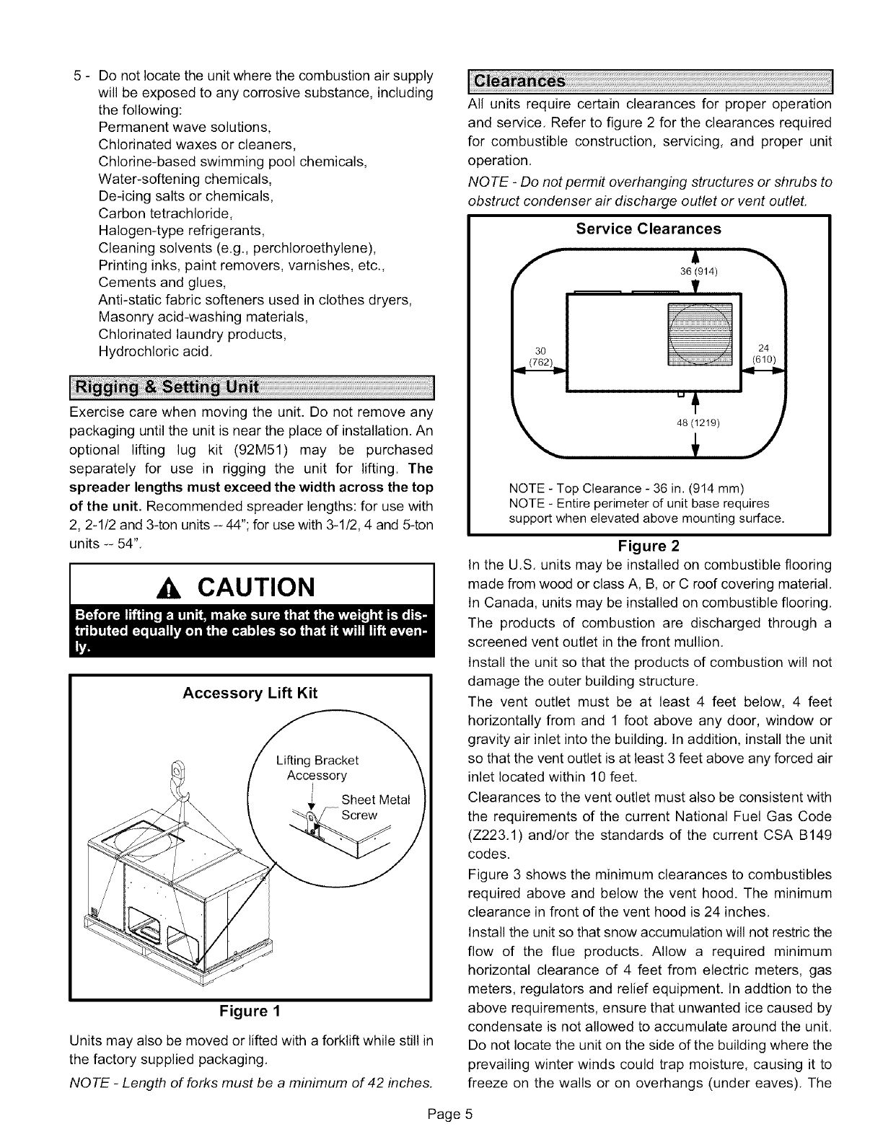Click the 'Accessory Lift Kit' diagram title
[x=250, y=694]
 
